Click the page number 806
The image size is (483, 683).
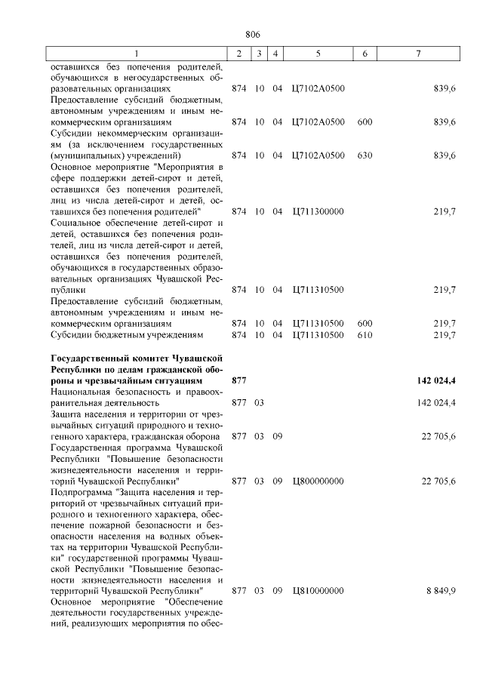(x=252, y=34)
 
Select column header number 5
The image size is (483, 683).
(x=318, y=54)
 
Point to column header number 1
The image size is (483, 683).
(x=137, y=54)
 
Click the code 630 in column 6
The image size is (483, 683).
(x=365, y=155)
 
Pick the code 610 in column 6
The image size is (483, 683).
(x=365, y=334)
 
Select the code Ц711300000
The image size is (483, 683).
(x=318, y=211)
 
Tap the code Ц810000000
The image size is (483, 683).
(x=318, y=591)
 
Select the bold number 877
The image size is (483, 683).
(x=239, y=380)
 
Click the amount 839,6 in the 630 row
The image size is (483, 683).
(x=445, y=155)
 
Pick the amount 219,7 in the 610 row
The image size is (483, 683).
(x=445, y=334)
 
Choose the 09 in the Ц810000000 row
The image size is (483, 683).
(x=277, y=591)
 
